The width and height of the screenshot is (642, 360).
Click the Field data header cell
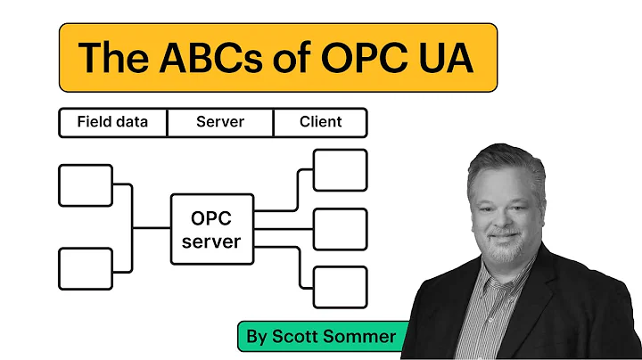point(112,122)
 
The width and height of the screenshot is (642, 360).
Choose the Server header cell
point(219,122)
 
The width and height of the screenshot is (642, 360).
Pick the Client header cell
point(319,122)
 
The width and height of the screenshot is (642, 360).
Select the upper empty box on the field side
point(86,185)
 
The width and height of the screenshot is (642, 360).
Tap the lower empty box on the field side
point(86,269)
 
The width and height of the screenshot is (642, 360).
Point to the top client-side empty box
point(340,170)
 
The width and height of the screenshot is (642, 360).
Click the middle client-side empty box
point(340,229)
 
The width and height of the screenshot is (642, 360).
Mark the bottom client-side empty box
point(340,287)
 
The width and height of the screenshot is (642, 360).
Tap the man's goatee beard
point(505,241)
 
